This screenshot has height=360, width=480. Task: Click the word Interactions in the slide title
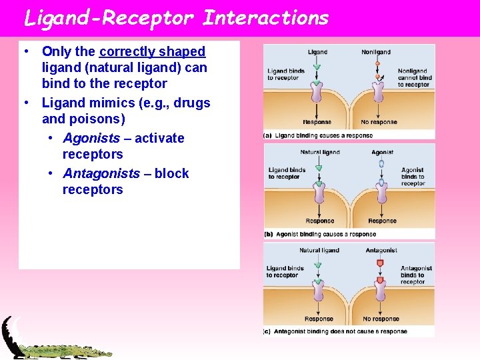tap(265, 17)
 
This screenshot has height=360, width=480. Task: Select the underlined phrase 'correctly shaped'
tap(152, 51)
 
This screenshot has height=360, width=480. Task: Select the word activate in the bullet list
tap(159, 138)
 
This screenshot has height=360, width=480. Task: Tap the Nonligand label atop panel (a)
tap(376, 52)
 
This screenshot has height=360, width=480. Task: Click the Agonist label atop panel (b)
tap(382, 153)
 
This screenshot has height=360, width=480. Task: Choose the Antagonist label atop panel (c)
tap(381, 251)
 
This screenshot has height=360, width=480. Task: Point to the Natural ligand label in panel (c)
tap(319, 251)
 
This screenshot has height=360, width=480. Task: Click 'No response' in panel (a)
tap(379, 122)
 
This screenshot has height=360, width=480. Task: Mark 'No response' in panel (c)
tap(381, 319)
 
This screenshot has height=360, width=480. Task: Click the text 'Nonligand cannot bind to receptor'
tap(414, 78)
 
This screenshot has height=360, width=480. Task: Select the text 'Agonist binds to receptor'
tap(413, 177)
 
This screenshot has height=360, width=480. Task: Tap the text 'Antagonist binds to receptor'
tap(416, 275)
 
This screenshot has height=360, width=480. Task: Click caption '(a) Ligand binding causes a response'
tap(318, 135)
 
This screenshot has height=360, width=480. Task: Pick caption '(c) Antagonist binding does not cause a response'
tap(335, 331)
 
